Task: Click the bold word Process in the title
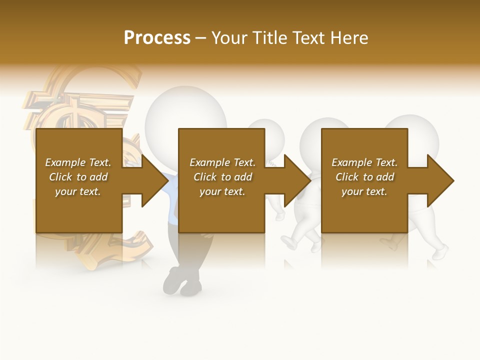[x=157, y=38]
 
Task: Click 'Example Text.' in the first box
[x=78, y=162]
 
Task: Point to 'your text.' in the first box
[x=78, y=191]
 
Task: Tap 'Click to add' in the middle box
[x=222, y=177]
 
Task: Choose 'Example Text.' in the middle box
[x=222, y=162]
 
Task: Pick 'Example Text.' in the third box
[x=364, y=162]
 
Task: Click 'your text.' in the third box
[x=364, y=191]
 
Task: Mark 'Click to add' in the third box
[x=364, y=177]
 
